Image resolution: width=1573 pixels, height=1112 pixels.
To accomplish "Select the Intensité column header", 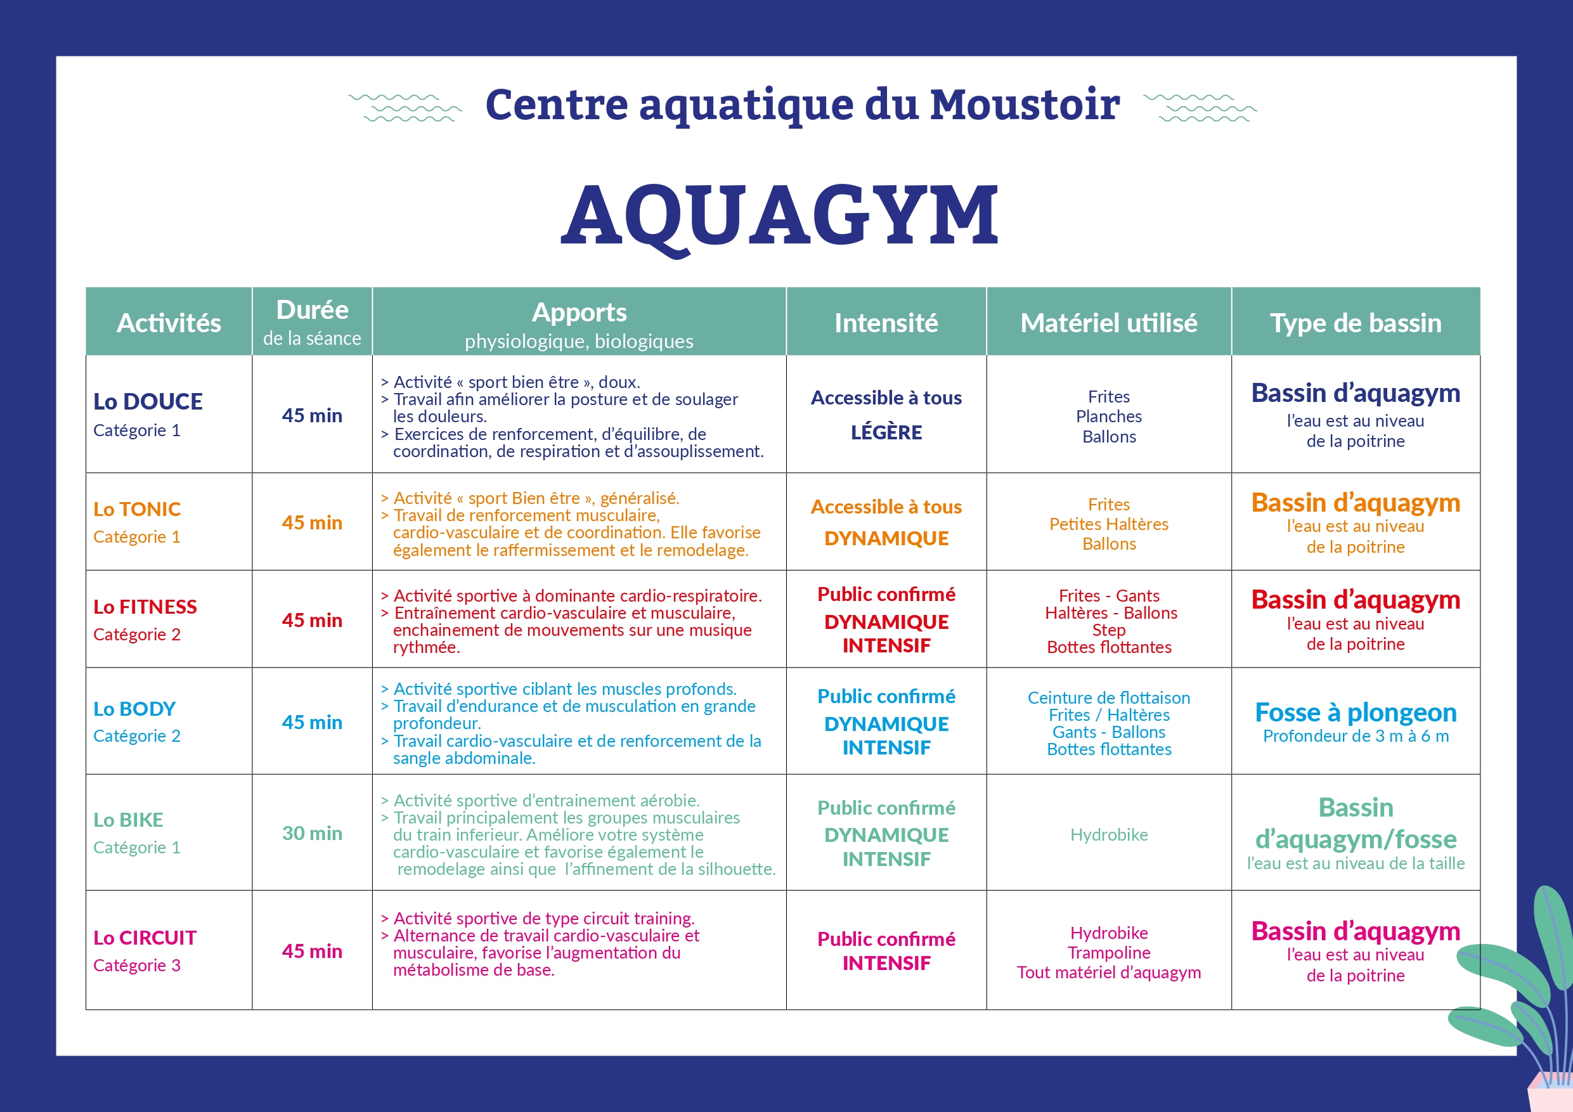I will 886,323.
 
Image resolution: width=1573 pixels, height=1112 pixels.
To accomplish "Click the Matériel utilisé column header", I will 1108,323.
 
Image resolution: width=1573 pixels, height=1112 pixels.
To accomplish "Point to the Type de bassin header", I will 1355,323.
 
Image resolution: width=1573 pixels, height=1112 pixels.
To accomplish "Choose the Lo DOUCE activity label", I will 148,401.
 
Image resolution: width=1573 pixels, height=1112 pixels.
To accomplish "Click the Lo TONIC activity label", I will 137,509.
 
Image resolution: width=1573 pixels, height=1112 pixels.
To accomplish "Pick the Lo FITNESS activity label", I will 145,607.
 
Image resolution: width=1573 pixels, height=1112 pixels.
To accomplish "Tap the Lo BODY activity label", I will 135,709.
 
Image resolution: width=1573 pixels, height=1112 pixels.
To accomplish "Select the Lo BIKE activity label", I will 129,820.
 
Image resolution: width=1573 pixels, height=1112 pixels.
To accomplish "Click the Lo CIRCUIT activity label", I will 145,938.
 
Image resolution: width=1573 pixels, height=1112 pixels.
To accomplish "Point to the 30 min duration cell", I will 312,834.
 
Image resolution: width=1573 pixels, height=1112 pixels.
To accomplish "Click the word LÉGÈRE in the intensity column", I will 886,433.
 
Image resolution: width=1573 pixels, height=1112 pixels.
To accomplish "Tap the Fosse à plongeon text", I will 1355,713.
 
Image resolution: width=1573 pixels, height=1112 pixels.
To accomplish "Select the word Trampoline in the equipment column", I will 1108,953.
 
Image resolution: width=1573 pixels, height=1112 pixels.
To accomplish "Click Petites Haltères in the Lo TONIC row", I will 1108,524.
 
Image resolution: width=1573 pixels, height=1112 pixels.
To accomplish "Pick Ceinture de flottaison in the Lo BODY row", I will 1108,698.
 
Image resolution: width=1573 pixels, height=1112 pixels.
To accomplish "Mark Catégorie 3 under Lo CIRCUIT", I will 137,966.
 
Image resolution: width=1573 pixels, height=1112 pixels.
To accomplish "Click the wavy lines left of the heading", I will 406,108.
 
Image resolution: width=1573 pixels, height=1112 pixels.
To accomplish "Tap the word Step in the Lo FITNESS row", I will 1108,630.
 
